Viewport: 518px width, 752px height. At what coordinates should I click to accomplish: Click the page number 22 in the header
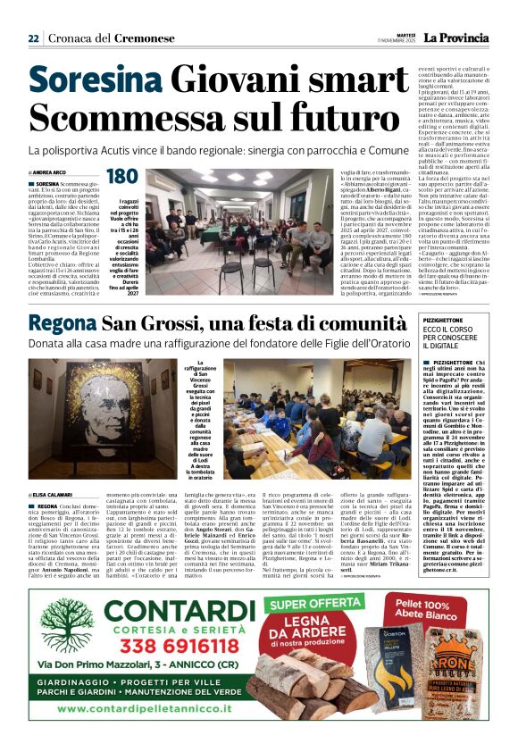pyautogui.click(x=34, y=39)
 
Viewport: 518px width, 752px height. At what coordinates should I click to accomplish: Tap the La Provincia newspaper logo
pyautogui.click(x=455, y=38)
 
